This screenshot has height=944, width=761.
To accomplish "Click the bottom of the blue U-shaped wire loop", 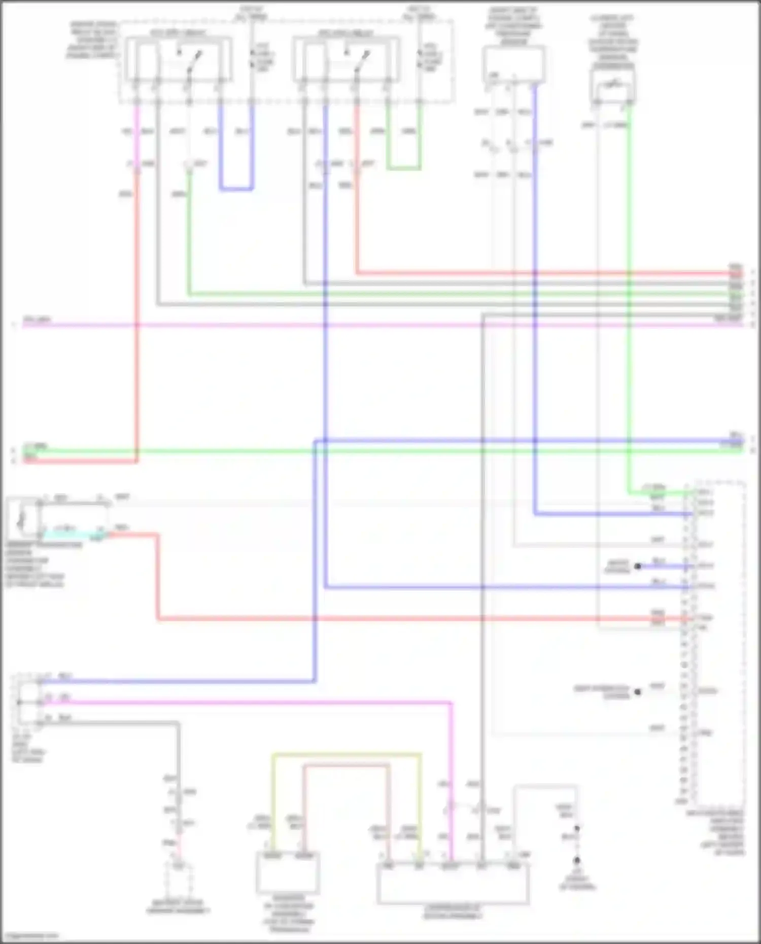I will (x=236, y=189).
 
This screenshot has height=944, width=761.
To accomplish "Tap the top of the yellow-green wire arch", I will (x=347, y=755).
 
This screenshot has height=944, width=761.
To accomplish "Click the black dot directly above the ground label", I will (x=577, y=861).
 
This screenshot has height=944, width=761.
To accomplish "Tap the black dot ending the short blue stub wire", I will (x=638, y=566).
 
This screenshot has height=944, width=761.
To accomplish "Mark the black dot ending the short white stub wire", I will (x=638, y=691).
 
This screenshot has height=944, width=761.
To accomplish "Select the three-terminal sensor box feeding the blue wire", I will (x=514, y=64).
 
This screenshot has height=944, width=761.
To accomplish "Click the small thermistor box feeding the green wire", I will (x=613, y=86).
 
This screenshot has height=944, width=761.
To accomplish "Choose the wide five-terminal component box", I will (x=453, y=883).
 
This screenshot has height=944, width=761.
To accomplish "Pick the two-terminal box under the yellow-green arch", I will (x=288, y=873).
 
